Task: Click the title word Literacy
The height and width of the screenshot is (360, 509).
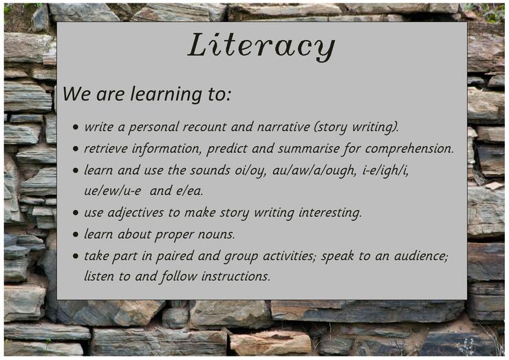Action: click(x=261, y=46)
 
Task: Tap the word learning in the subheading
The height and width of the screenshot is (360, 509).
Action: click(x=166, y=94)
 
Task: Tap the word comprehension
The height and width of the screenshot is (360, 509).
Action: click(x=409, y=149)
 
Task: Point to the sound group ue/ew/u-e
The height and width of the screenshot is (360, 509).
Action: click(x=113, y=191)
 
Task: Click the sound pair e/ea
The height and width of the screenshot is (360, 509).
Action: click(x=189, y=191)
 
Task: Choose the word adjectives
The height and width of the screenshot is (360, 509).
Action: click(x=136, y=213)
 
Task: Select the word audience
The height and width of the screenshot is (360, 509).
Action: click(x=421, y=256)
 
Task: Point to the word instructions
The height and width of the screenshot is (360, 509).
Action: click(x=236, y=277)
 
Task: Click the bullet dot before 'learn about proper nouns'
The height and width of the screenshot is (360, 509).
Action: click(x=76, y=234)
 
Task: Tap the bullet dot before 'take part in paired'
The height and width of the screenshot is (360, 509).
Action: click(x=76, y=256)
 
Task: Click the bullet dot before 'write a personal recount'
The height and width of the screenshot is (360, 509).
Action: click(x=76, y=127)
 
